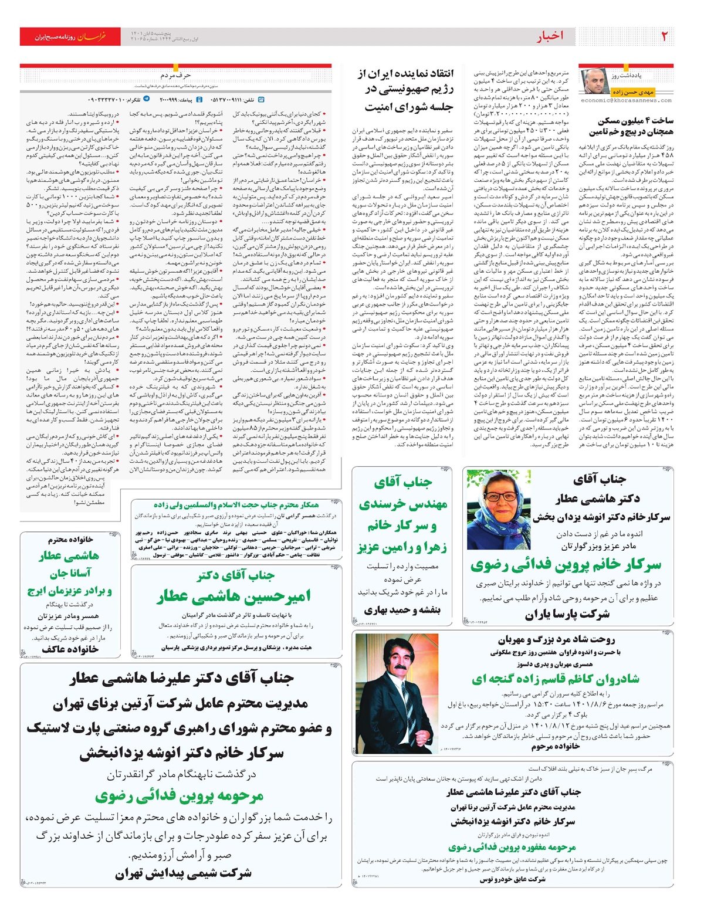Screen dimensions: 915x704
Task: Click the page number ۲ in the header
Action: pos(664,36)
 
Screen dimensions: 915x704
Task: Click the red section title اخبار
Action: pos(550,36)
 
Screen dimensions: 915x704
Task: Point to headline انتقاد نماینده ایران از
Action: pos(405,74)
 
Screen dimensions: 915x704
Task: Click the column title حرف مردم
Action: pos(175,75)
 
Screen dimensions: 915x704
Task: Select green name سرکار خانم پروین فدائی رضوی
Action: pos(566,565)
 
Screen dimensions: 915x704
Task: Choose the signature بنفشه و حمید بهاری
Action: pos(402,610)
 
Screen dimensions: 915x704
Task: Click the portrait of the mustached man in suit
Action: pos(397,693)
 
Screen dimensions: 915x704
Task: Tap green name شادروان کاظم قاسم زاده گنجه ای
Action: pos(555,679)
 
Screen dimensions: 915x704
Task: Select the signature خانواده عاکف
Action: pos(70,649)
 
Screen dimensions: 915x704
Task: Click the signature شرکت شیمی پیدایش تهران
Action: pos(183,873)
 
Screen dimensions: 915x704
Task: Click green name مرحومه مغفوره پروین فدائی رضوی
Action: pos(512,847)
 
